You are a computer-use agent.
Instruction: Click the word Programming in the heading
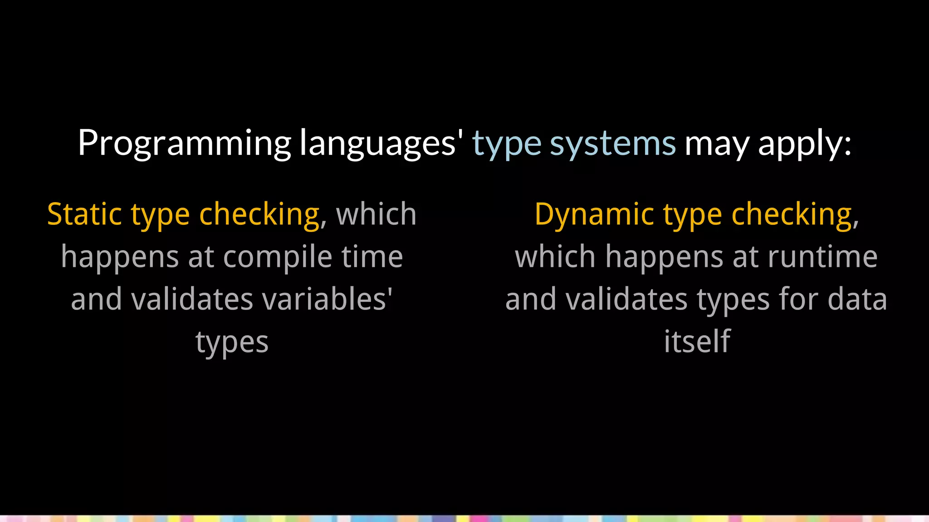[x=185, y=143]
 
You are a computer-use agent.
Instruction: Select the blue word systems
[x=612, y=143]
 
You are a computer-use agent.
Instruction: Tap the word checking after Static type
[x=259, y=215]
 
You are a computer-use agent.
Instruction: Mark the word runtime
[x=822, y=256]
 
